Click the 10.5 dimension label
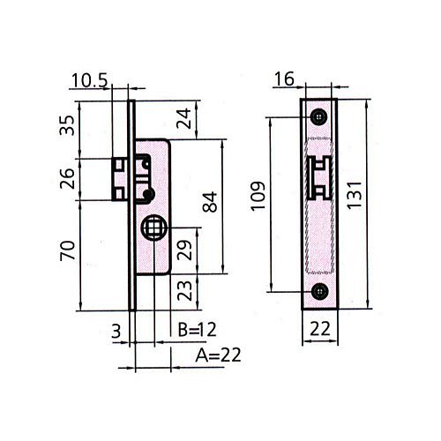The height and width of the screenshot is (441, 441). [x=90, y=80]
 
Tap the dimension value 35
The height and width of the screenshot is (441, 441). [x=67, y=125]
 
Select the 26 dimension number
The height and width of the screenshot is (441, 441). [x=67, y=179]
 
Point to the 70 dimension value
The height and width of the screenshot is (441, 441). [x=68, y=250]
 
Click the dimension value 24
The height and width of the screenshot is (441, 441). [x=183, y=118]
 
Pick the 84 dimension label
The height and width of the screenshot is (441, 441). [x=210, y=202]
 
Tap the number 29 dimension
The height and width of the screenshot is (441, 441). [x=184, y=250]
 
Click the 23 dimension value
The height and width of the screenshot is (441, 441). [x=184, y=290]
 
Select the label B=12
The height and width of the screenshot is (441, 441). [x=198, y=329]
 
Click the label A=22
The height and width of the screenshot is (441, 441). [x=218, y=355]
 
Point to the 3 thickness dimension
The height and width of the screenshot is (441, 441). [x=116, y=332]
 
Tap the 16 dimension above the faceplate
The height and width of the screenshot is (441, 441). [x=284, y=78]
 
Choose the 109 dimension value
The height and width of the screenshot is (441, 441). [x=258, y=196]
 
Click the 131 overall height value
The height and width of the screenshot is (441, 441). [x=354, y=196]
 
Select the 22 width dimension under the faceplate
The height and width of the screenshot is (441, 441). [x=320, y=329]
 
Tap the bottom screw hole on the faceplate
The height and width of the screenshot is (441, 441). [x=319, y=291]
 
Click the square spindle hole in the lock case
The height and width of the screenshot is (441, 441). [x=153, y=228]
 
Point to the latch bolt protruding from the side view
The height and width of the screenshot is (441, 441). [x=120, y=179]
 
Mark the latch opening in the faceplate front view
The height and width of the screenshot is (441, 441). [x=319, y=178]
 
